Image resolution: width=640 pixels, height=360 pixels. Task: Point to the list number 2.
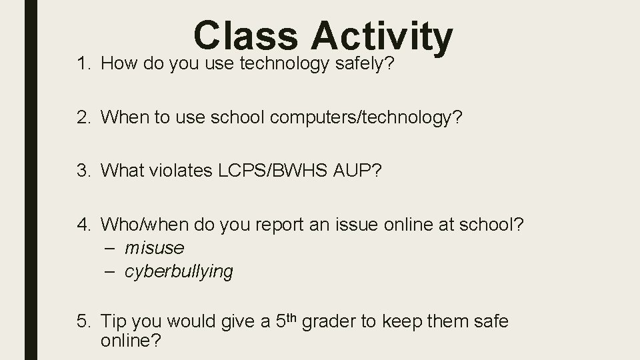tap(83, 118)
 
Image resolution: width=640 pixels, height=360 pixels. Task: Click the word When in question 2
tap(125, 118)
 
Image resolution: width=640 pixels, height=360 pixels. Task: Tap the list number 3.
tap(83, 171)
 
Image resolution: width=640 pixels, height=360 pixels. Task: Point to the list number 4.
tap(83, 225)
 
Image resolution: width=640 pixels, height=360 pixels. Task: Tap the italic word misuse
tap(154, 248)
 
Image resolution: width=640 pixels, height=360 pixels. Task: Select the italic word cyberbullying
tap(179, 272)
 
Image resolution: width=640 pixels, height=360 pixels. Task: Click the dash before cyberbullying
tap(111, 271)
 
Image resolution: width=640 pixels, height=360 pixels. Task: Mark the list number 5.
tap(83, 322)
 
